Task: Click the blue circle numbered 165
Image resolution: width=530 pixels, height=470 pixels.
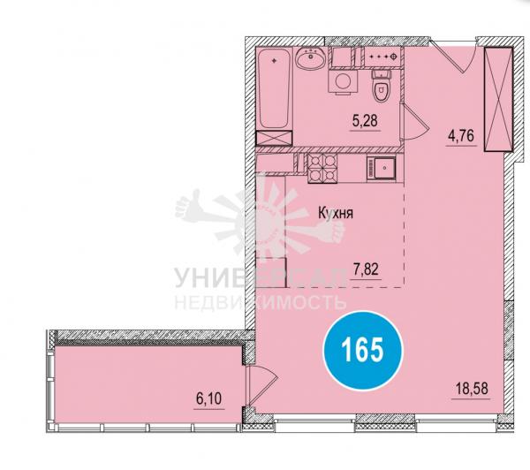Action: click(x=363, y=351)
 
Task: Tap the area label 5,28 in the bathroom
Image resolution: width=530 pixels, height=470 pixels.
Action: click(x=365, y=121)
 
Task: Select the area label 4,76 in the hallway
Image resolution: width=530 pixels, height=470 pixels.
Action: click(x=462, y=135)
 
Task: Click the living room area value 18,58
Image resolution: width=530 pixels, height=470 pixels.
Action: click(x=473, y=389)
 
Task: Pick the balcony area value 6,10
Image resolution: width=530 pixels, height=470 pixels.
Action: click(x=208, y=398)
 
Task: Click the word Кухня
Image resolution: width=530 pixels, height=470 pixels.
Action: click(x=336, y=214)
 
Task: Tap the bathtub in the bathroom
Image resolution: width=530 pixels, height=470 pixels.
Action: click(x=274, y=88)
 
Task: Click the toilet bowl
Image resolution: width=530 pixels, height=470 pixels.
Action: click(x=382, y=86)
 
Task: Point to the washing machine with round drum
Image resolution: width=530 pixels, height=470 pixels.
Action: click(x=343, y=81)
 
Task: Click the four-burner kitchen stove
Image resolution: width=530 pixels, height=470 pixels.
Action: click(x=322, y=169)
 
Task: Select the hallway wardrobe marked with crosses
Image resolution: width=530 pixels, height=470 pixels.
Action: click(x=498, y=99)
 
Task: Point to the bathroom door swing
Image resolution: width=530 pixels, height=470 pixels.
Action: click(x=414, y=122)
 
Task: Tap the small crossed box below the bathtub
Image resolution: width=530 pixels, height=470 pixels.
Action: click(x=274, y=139)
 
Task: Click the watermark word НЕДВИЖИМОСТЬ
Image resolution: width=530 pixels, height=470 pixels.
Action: click(x=261, y=303)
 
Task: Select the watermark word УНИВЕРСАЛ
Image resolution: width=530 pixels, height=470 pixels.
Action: click(x=261, y=278)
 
